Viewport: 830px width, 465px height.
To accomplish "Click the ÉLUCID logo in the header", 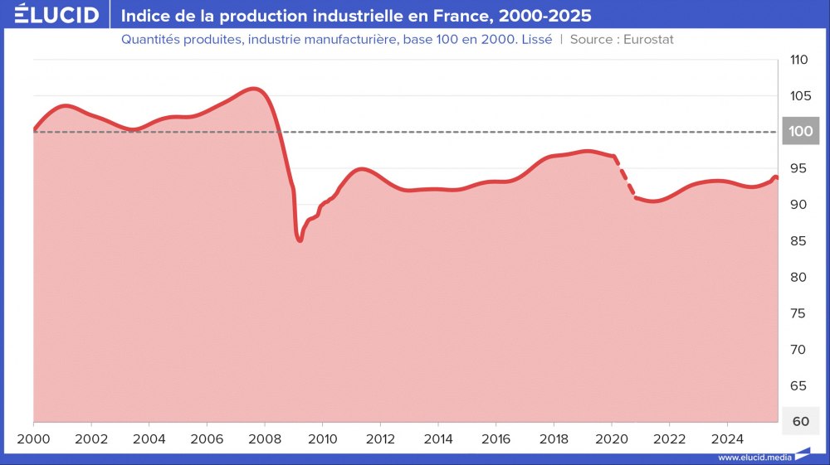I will (x=56, y=15).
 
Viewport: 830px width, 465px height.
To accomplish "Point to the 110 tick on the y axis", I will (x=798, y=60).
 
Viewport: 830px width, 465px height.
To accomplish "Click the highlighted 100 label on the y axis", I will (x=800, y=132).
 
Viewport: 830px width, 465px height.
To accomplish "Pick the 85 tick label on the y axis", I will (x=798, y=241).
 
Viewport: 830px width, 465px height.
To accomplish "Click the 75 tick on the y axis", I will (x=798, y=313).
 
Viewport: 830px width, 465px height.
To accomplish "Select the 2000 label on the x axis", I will (x=33, y=438).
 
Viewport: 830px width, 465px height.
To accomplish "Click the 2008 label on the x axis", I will (x=264, y=438).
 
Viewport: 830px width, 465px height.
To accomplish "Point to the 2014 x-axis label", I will (x=437, y=438).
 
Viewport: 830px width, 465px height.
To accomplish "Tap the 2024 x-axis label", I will (x=727, y=438).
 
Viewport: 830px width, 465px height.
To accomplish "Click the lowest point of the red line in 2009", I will (x=300, y=240).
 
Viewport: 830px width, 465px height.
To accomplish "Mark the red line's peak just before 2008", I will (x=254, y=88).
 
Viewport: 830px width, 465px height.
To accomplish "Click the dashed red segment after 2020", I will (x=625, y=178).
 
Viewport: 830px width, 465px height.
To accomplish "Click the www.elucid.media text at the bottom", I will (x=753, y=457).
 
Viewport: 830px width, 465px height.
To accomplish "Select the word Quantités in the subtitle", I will (x=150, y=39).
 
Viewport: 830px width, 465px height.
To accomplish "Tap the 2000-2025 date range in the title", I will (x=545, y=16).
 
